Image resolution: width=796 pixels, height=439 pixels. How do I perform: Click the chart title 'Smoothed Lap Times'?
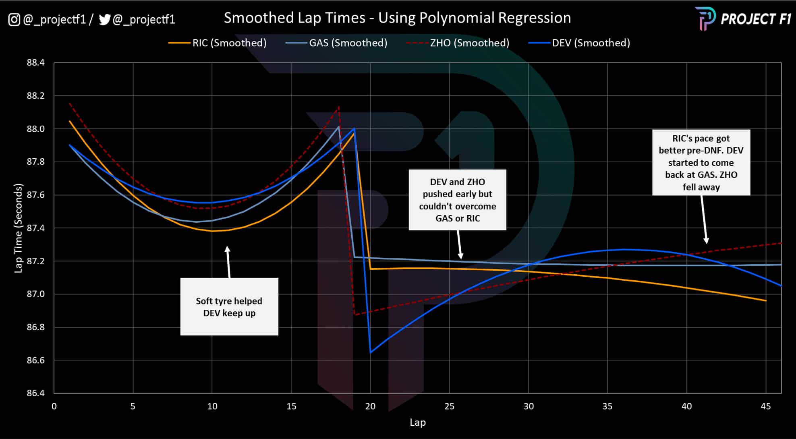click(x=397, y=18)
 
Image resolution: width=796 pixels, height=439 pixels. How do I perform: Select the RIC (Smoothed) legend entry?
click(x=229, y=43)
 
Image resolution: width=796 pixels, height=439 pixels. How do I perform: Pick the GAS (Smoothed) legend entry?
click(x=348, y=43)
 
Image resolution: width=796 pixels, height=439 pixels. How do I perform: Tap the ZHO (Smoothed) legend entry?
click(x=469, y=43)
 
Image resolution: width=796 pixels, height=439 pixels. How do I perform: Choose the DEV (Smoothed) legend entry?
click(x=591, y=43)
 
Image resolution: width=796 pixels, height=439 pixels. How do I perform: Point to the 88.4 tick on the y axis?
click(x=35, y=63)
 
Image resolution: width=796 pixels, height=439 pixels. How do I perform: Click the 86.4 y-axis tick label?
click(x=35, y=393)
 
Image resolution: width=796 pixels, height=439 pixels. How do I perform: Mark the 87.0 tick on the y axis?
click(x=35, y=294)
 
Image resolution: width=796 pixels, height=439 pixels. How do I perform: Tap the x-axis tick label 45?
click(x=765, y=406)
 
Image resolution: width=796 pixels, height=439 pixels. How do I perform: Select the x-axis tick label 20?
click(x=370, y=406)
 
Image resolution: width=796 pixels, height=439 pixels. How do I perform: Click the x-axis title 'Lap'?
click(x=417, y=422)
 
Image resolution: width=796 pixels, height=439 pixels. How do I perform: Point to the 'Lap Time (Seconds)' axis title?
click(x=18, y=228)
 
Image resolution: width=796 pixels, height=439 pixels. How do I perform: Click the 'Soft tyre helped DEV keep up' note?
click(x=229, y=307)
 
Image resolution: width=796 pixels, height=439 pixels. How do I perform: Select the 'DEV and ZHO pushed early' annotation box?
click(x=457, y=200)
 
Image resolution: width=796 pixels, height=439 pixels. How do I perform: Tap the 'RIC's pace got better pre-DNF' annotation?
click(x=701, y=163)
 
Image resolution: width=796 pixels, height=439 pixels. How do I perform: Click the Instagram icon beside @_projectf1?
click(x=14, y=19)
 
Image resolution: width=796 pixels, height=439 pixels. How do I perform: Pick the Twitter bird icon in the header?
click(x=104, y=19)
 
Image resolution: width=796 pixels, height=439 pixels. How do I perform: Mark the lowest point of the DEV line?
click(x=370, y=353)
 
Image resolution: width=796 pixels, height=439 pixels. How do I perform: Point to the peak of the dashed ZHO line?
click(x=339, y=107)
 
